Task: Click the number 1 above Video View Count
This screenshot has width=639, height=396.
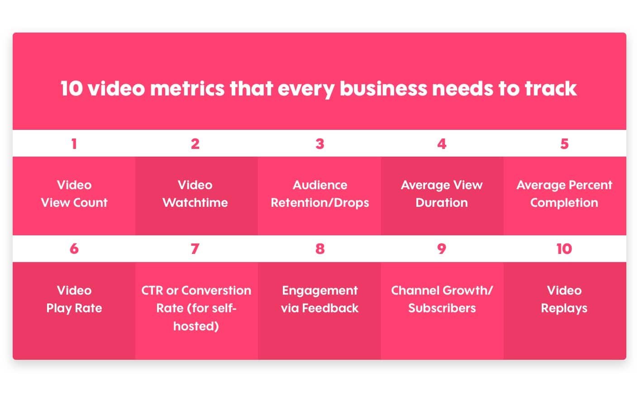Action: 74,144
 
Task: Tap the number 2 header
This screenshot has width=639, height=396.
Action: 195,144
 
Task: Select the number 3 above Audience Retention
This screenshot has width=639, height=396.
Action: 320,144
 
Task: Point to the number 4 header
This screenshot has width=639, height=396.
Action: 442,144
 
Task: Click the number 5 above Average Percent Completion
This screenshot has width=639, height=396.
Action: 564,144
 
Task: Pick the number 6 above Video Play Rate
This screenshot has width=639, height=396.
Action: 74,249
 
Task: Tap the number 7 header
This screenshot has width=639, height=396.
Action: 195,249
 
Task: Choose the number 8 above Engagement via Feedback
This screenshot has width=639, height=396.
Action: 320,249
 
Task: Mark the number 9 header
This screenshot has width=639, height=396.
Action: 442,249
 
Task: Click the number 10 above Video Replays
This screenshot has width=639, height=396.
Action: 564,249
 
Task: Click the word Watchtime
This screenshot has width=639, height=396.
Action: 195,203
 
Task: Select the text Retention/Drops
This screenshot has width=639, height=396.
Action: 320,203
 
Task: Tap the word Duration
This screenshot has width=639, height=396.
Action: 442,203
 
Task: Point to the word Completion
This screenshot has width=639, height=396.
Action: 564,203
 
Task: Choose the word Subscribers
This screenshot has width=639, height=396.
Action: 442,308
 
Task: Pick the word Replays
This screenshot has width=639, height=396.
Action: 564,309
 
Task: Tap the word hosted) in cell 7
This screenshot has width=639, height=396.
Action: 196,326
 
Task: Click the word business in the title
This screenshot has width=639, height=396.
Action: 383,88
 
